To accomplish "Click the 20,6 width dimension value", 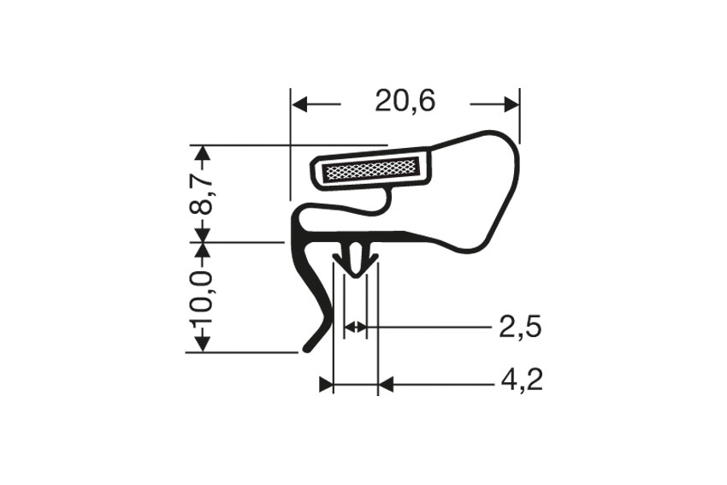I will (x=405, y=102).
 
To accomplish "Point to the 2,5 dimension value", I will (x=520, y=327).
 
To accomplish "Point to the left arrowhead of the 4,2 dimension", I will (x=326, y=385).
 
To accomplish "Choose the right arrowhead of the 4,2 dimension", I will (x=384, y=385).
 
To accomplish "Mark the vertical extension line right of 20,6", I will (x=520, y=115).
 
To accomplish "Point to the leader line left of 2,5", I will (x=428, y=327).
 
